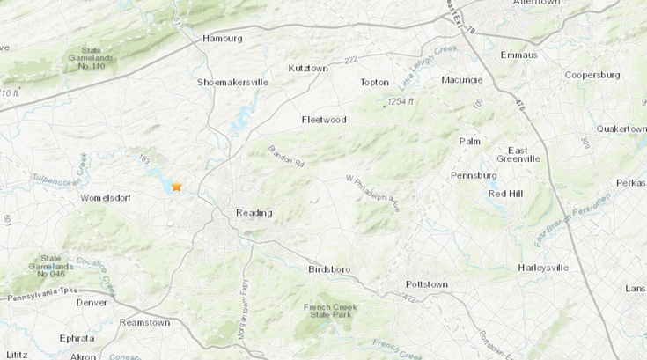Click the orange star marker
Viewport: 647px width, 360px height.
click(x=176, y=187)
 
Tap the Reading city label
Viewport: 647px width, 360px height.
click(x=254, y=213)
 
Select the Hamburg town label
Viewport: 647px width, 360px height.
click(x=222, y=39)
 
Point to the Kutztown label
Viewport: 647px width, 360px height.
click(x=308, y=68)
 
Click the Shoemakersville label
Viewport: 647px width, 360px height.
click(x=232, y=83)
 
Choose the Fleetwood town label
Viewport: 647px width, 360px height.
click(x=324, y=120)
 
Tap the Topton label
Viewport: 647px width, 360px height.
click(x=374, y=83)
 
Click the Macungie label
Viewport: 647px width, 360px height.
click(x=462, y=81)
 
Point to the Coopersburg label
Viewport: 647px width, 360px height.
click(x=593, y=75)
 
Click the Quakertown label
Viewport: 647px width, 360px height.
click(x=621, y=129)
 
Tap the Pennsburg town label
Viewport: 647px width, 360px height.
click(x=474, y=175)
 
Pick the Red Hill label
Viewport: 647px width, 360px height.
click(x=506, y=194)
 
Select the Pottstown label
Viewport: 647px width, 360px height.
click(x=426, y=284)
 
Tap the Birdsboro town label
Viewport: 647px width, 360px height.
click(x=330, y=269)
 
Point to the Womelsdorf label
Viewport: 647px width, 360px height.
click(x=106, y=198)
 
